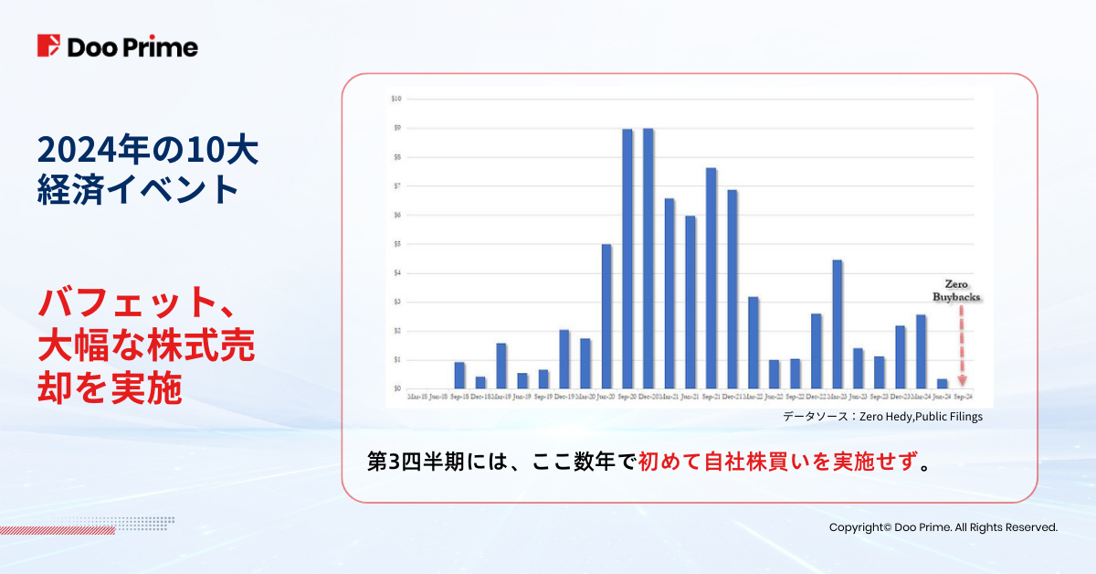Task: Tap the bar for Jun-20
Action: click(x=606, y=316)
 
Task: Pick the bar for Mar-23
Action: click(x=838, y=324)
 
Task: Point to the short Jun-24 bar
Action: click(x=943, y=383)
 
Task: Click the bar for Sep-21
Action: click(x=711, y=278)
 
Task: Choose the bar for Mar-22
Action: click(x=753, y=343)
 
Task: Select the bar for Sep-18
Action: click(x=459, y=375)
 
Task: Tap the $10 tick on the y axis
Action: click(x=396, y=98)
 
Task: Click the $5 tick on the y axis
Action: click(x=396, y=244)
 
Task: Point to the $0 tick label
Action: click(x=396, y=388)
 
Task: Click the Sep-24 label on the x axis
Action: click(x=963, y=398)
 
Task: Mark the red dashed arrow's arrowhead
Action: click(x=962, y=381)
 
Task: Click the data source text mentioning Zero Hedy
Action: click(x=882, y=417)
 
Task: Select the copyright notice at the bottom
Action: click(x=943, y=527)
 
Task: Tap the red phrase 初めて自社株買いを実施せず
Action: click(x=776, y=461)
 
